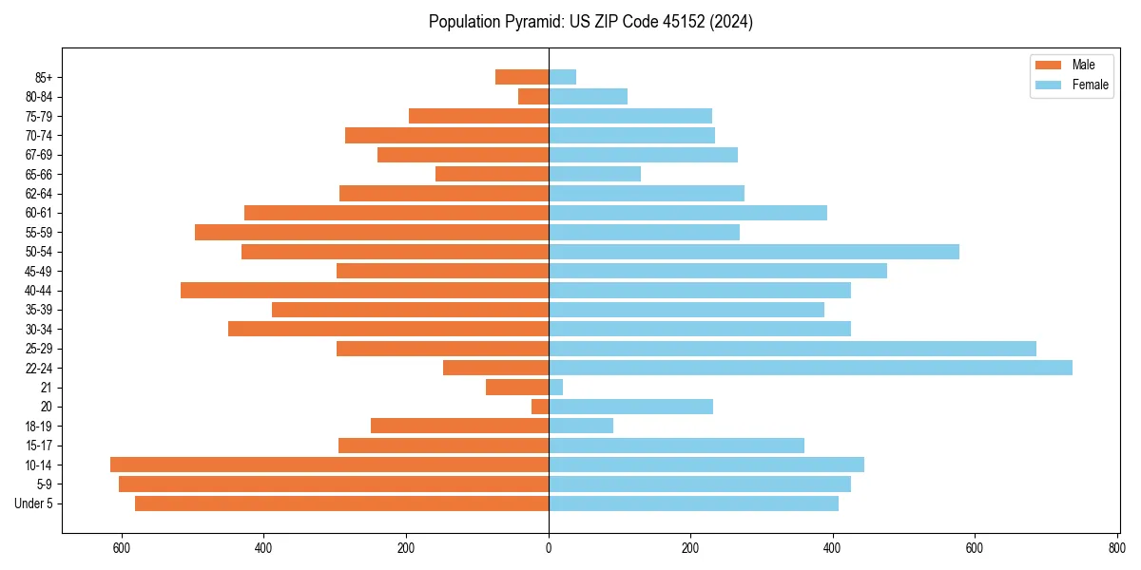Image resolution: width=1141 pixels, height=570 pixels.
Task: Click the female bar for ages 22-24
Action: (x=810, y=368)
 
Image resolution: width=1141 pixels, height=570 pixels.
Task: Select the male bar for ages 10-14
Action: (x=330, y=465)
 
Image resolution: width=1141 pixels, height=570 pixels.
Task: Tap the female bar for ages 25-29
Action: (x=792, y=349)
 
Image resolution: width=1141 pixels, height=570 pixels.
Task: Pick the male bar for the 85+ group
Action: (x=522, y=77)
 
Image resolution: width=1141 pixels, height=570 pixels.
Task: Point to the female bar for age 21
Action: (x=555, y=387)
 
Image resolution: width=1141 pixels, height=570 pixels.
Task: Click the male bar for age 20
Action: (x=540, y=407)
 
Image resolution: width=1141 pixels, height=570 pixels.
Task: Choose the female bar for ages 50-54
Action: (x=754, y=252)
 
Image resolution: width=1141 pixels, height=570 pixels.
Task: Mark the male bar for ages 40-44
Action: (x=365, y=290)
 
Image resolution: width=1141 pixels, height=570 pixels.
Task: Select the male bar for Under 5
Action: (x=342, y=503)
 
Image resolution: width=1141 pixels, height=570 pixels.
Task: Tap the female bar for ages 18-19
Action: (x=581, y=426)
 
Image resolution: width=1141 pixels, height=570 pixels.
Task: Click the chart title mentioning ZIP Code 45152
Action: (x=590, y=22)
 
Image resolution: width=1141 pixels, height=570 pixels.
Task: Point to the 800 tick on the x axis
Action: (x=1116, y=548)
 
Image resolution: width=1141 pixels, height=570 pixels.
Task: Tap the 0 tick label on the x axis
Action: (x=549, y=548)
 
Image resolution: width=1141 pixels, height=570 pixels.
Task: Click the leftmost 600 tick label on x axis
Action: (x=122, y=548)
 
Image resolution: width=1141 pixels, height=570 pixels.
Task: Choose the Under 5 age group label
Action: (x=34, y=503)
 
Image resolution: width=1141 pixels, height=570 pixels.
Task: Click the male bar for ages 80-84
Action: (x=533, y=96)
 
